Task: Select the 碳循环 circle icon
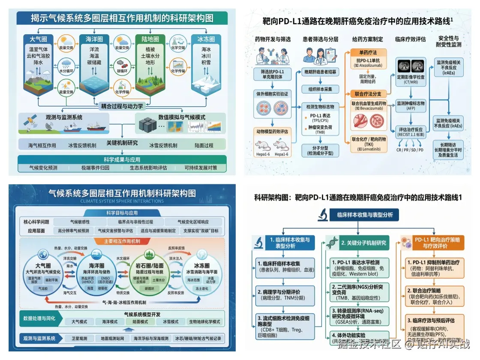(122, 68)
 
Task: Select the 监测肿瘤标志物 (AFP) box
(411, 106)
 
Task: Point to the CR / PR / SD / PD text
(409, 150)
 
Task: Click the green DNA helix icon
(331, 243)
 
